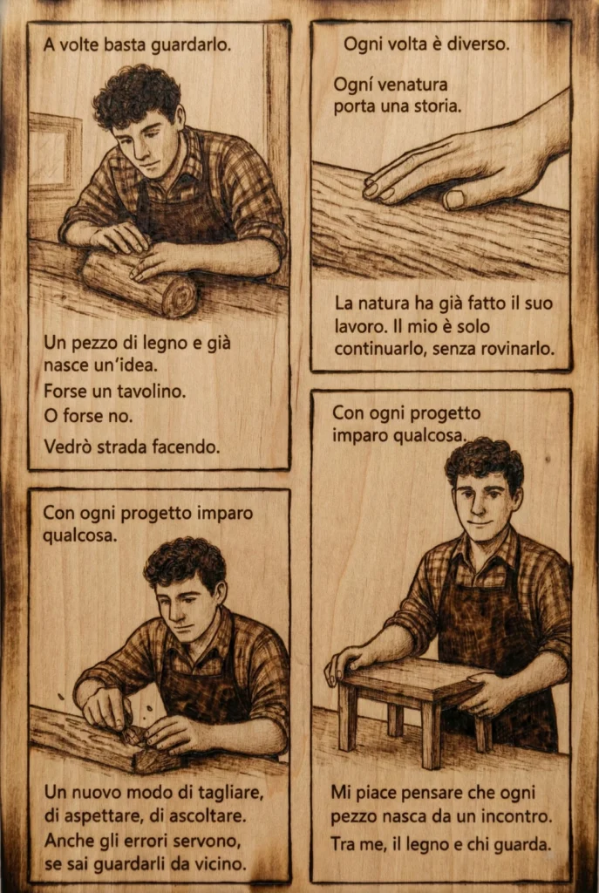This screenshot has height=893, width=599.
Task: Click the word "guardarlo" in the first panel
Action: (193, 44)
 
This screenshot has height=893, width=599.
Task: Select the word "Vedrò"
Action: (68, 446)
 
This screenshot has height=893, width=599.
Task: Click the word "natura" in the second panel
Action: (382, 304)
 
